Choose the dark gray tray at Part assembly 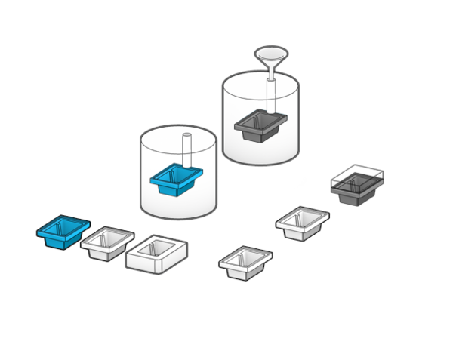358,187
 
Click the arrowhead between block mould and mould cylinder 140,227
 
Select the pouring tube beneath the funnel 270,91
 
